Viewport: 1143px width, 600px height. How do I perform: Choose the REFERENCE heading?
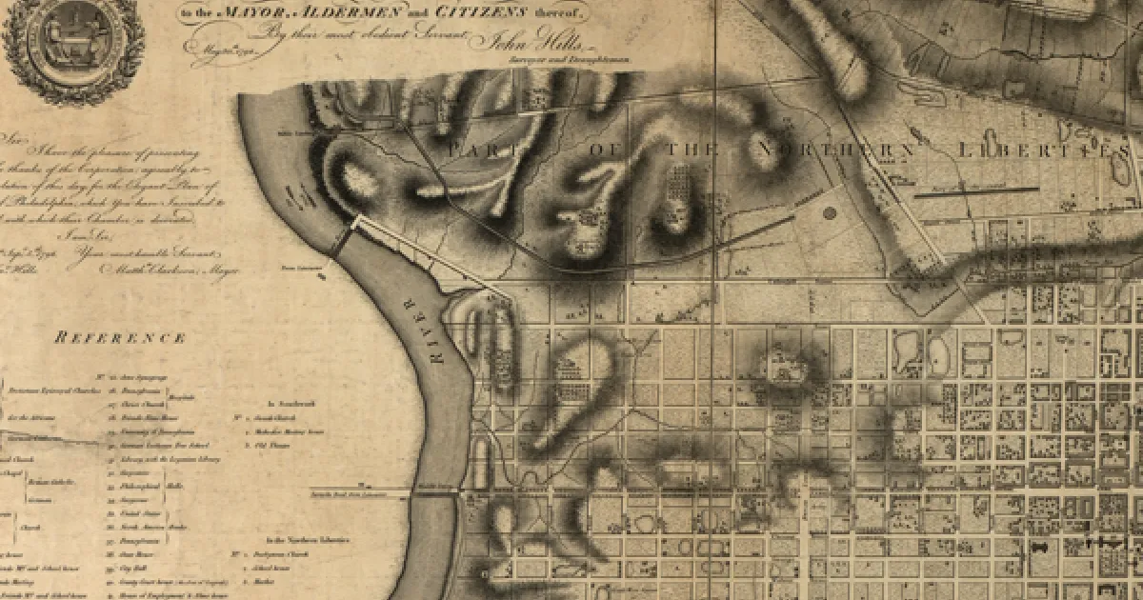(x=120, y=338)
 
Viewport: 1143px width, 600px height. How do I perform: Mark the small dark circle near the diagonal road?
(x=828, y=213)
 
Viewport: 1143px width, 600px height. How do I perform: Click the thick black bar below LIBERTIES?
(x=976, y=190)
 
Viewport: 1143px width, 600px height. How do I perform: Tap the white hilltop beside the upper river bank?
(x=357, y=176)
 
